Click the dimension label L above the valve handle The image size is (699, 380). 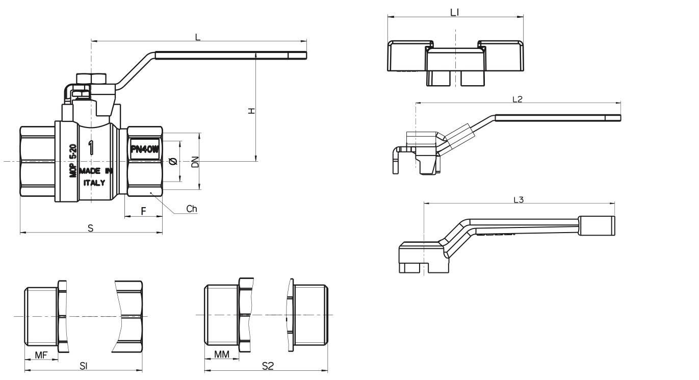click(198, 37)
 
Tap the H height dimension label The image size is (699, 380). click(251, 111)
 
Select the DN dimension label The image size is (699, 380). click(194, 162)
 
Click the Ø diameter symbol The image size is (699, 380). click(172, 162)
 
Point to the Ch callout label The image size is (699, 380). click(191, 209)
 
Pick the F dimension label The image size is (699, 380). click(143, 210)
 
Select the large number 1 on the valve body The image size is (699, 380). click(91, 148)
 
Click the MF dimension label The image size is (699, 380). click(41, 354)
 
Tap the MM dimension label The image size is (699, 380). click(221, 354)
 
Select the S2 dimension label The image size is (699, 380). click(268, 366)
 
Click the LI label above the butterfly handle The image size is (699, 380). click(455, 12)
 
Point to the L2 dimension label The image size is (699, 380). click(517, 99)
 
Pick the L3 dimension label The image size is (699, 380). click(518, 200)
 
